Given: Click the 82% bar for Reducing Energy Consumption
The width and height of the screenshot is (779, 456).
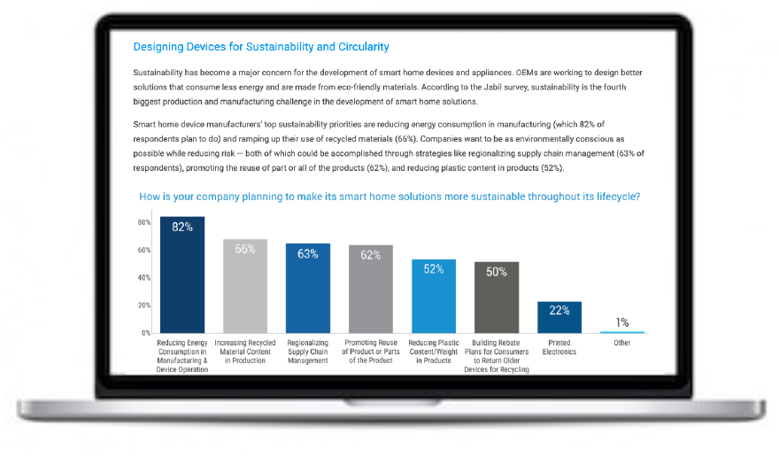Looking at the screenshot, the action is (x=181, y=274).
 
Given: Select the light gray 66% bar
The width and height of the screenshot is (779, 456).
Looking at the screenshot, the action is (x=245, y=286).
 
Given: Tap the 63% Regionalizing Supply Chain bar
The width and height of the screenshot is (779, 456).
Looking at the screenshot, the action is (x=307, y=288).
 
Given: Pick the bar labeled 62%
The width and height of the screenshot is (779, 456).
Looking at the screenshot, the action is (x=371, y=290).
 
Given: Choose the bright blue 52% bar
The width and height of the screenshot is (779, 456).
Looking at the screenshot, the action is (x=434, y=296).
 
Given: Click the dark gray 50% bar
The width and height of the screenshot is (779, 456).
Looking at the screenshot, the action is (x=497, y=298).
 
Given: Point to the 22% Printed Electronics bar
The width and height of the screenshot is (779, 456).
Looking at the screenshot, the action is (x=559, y=317).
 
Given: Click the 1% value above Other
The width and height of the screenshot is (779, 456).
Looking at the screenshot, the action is (x=622, y=322).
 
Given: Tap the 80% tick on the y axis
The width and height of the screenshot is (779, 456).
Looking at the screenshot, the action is (x=144, y=222).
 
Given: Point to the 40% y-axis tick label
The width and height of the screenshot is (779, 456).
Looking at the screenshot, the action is (x=144, y=278).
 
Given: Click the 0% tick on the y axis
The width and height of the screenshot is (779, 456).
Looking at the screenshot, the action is (x=145, y=333).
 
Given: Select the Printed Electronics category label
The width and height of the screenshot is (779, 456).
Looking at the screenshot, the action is (x=559, y=347).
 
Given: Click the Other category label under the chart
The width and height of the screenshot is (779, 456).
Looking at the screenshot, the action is (x=622, y=343).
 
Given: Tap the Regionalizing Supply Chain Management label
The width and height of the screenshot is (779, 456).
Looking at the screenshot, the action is (x=307, y=352).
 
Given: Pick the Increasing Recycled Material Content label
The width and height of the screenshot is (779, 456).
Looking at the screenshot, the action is (x=245, y=352).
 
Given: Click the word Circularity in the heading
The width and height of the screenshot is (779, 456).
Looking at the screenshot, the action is (x=364, y=47).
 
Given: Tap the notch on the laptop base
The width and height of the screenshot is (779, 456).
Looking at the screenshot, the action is (x=392, y=402).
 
